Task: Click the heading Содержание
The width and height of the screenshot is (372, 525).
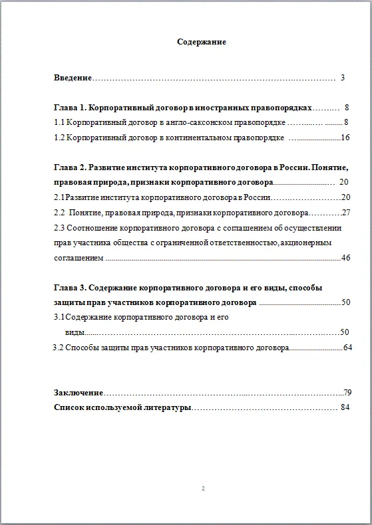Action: coord(202,42)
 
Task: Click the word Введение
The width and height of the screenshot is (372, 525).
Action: coord(73,78)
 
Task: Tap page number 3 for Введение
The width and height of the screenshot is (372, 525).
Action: coord(342,78)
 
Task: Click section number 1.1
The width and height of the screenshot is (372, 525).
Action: coord(59,122)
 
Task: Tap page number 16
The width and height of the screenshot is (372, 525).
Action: coord(345,138)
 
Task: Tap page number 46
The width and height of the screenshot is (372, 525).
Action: coord(345,257)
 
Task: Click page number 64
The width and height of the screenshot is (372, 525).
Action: coord(347,347)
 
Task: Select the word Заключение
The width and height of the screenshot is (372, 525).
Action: coord(79,392)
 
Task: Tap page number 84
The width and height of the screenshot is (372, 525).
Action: coord(345,406)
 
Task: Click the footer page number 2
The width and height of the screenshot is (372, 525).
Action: coord(203,488)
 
